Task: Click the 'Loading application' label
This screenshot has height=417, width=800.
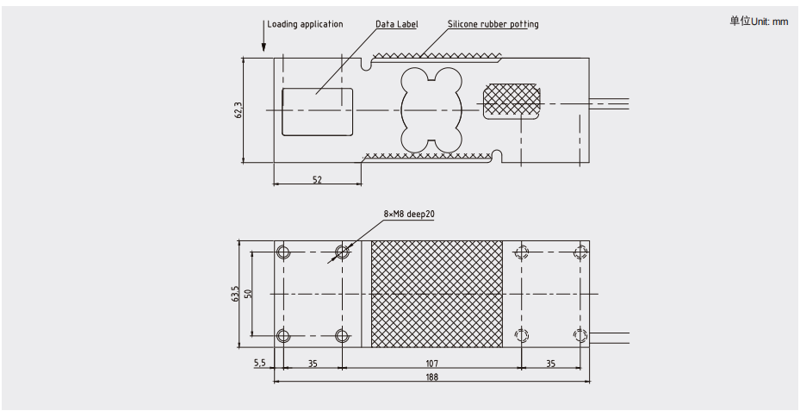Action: (305, 24)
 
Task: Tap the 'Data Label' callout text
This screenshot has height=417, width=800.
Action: (396, 24)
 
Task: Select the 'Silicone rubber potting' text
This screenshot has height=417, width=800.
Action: (493, 24)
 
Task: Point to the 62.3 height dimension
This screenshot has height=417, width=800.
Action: (239, 110)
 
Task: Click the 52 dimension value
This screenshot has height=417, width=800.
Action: (316, 180)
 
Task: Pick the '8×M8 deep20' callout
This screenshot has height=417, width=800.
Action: (409, 214)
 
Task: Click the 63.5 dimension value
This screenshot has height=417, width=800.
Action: (234, 294)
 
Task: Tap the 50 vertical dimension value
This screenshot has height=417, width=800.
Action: (247, 294)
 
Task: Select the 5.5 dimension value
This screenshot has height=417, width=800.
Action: (259, 364)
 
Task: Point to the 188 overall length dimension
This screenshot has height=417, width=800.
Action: (431, 377)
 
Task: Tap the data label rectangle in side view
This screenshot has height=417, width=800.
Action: (317, 110)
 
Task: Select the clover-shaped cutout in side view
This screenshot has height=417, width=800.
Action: (431, 109)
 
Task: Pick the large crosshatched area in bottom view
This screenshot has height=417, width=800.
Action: (436, 294)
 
